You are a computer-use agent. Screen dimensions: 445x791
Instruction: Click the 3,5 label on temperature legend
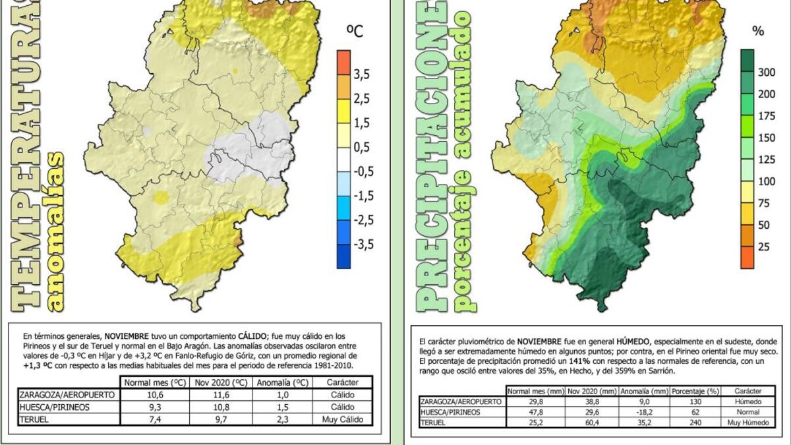coord(361,74)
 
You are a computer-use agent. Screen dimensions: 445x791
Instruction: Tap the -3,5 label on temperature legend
coord(363,244)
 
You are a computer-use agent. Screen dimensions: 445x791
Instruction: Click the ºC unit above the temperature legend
coord(355,30)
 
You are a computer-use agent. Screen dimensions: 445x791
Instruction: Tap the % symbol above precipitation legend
coord(758,30)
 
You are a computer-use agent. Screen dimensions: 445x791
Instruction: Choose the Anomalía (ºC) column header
coord(282,382)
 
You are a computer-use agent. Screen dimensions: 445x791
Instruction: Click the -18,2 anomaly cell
coord(645,411)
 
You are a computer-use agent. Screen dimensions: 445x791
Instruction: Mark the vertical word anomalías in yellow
coord(57,231)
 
